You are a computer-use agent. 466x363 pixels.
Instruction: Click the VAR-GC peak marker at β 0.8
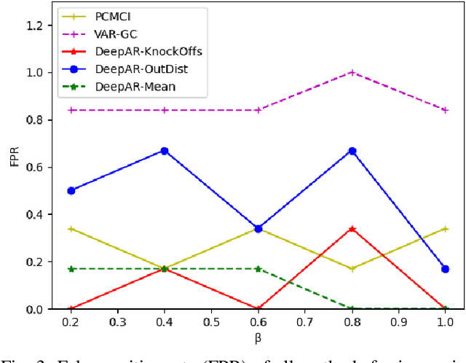click(352, 72)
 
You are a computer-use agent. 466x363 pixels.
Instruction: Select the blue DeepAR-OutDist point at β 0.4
click(165, 151)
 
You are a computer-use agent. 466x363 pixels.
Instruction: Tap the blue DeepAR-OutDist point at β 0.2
click(71, 190)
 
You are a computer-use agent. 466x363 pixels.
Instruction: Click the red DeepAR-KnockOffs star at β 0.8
click(352, 229)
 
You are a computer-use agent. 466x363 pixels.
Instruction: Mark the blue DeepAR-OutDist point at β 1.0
click(446, 269)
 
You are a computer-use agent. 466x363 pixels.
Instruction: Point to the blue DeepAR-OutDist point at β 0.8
click(352, 151)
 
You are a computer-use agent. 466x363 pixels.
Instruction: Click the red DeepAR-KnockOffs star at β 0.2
click(71, 309)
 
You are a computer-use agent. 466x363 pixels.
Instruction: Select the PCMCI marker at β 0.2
click(71, 229)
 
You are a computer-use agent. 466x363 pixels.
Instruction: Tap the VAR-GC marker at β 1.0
click(446, 110)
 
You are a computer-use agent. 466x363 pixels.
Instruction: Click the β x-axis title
click(258, 337)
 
